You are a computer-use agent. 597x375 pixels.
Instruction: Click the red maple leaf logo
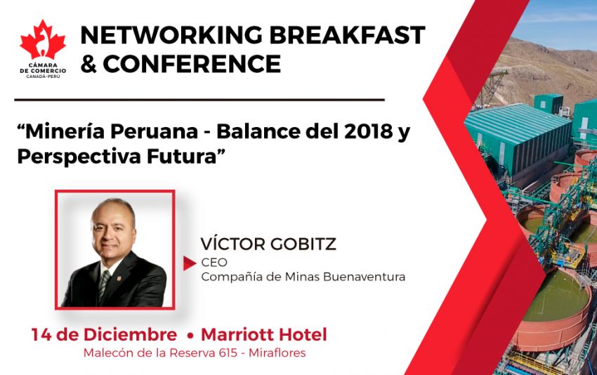point(43,40)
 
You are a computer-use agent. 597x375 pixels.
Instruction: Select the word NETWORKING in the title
point(171,35)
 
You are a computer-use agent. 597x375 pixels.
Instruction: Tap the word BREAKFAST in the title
point(347,35)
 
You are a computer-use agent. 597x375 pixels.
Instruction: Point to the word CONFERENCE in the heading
point(192,64)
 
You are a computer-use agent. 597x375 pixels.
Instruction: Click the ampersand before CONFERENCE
point(88,64)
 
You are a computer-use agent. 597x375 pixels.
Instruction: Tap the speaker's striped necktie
point(103,285)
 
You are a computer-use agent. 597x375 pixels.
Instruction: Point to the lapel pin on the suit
point(119,278)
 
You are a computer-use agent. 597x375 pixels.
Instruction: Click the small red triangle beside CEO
point(189,263)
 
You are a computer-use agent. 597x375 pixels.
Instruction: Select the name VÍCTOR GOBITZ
point(268,244)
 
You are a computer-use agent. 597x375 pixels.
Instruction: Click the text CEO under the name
point(214,263)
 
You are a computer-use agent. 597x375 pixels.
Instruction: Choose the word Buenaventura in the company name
point(365,277)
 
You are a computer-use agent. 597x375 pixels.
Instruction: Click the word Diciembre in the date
point(130,335)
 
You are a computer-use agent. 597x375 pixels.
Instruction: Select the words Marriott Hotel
point(264,335)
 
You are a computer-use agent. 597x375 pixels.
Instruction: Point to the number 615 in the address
point(228,353)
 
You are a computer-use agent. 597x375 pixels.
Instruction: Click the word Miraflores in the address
point(277,353)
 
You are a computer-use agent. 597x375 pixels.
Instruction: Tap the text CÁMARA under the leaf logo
point(43,65)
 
